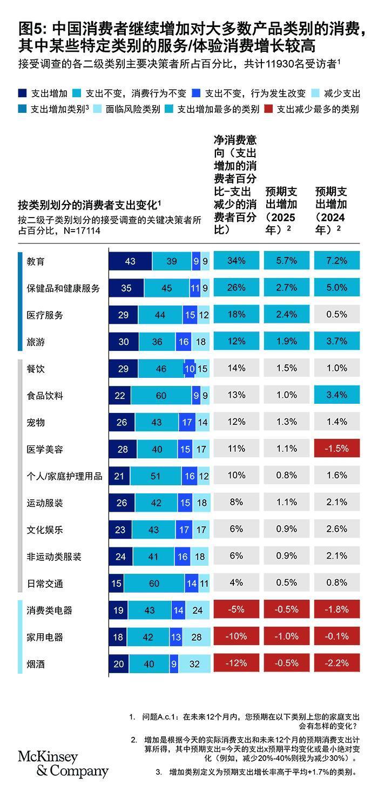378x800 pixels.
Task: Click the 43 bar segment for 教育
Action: (x=130, y=261)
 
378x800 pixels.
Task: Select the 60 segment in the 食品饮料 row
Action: (x=161, y=396)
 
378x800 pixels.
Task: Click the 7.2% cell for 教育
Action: (x=336, y=261)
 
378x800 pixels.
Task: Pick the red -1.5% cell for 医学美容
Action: (x=336, y=449)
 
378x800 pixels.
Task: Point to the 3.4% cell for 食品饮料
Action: (x=336, y=395)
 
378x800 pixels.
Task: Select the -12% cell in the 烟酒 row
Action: (x=236, y=664)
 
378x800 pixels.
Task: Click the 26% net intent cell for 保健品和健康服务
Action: (x=236, y=288)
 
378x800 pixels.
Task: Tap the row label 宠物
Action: (x=36, y=422)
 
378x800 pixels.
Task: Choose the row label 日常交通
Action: (x=45, y=584)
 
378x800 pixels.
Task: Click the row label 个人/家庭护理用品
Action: (x=64, y=476)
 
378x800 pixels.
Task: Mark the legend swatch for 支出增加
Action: (x=22, y=93)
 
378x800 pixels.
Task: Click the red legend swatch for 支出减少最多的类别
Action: (x=268, y=109)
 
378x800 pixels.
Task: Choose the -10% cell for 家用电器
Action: (x=236, y=637)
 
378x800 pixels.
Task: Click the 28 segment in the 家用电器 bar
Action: (x=196, y=637)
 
